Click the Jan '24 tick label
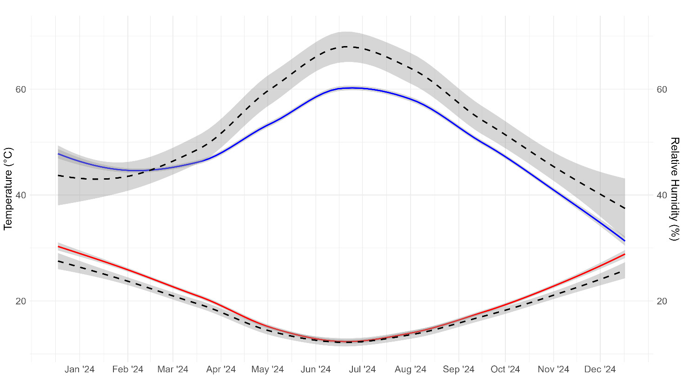(80, 370)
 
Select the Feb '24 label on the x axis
(128, 370)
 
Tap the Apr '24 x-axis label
(221, 370)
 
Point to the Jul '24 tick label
(362, 370)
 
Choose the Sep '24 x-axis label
(458, 370)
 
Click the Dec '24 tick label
(600, 370)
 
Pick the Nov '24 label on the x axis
(553, 370)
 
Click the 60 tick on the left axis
(21, 89)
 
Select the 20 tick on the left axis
(21, 301)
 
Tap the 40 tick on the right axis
(662, 195)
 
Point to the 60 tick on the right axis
(662, 89)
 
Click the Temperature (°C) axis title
(8, 188)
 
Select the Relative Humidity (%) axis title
(674, 188)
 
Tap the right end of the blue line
(625, 241)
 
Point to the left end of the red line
(58, 246)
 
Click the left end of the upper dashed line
(58, 175)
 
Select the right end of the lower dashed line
(625, 270)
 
